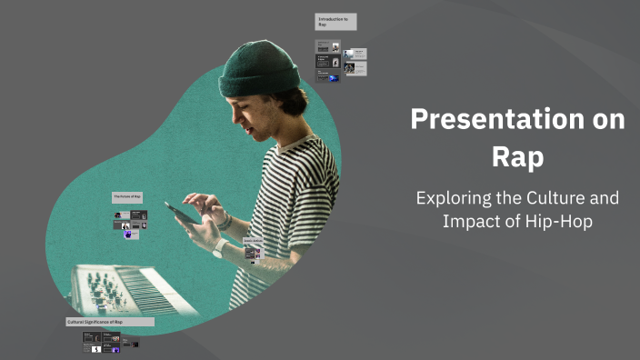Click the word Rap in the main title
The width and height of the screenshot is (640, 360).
tap(517, 156)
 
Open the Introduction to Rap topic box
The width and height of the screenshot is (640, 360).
tap(335, 22)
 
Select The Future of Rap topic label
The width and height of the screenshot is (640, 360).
tap(127, 196)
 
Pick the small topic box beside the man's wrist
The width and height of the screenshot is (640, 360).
tap(253, 244)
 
